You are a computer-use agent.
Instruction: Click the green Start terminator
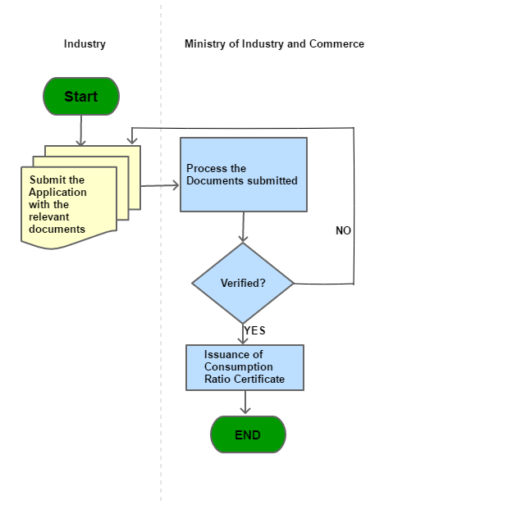click(x=81, y=97)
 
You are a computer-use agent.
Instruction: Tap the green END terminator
click(x=248, y=434)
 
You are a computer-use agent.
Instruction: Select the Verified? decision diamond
click(x=243, y=283)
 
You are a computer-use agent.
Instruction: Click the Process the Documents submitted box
click(x=244, y=175)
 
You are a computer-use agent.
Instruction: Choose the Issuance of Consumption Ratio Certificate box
click(x=245, y=367)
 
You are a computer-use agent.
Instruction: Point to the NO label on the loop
click(x=343, y=230)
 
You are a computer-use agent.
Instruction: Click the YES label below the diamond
click(x=254, y=330)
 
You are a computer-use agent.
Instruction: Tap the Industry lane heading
click(x=85, y=43)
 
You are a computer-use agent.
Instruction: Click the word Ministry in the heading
click(x=205, y=43)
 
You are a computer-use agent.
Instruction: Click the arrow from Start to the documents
click(x=80, y=130)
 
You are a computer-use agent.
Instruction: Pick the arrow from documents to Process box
click(x=160, y=185)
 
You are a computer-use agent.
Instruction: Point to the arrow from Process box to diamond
click(x=244, y=227)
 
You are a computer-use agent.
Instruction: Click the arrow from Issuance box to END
click(x=245, y=402)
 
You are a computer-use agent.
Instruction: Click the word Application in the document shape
click(x=57, y=193)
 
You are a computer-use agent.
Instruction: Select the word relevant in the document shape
click(x=48, y=216)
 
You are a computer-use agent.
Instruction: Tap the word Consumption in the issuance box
click(x=239, y=367)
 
